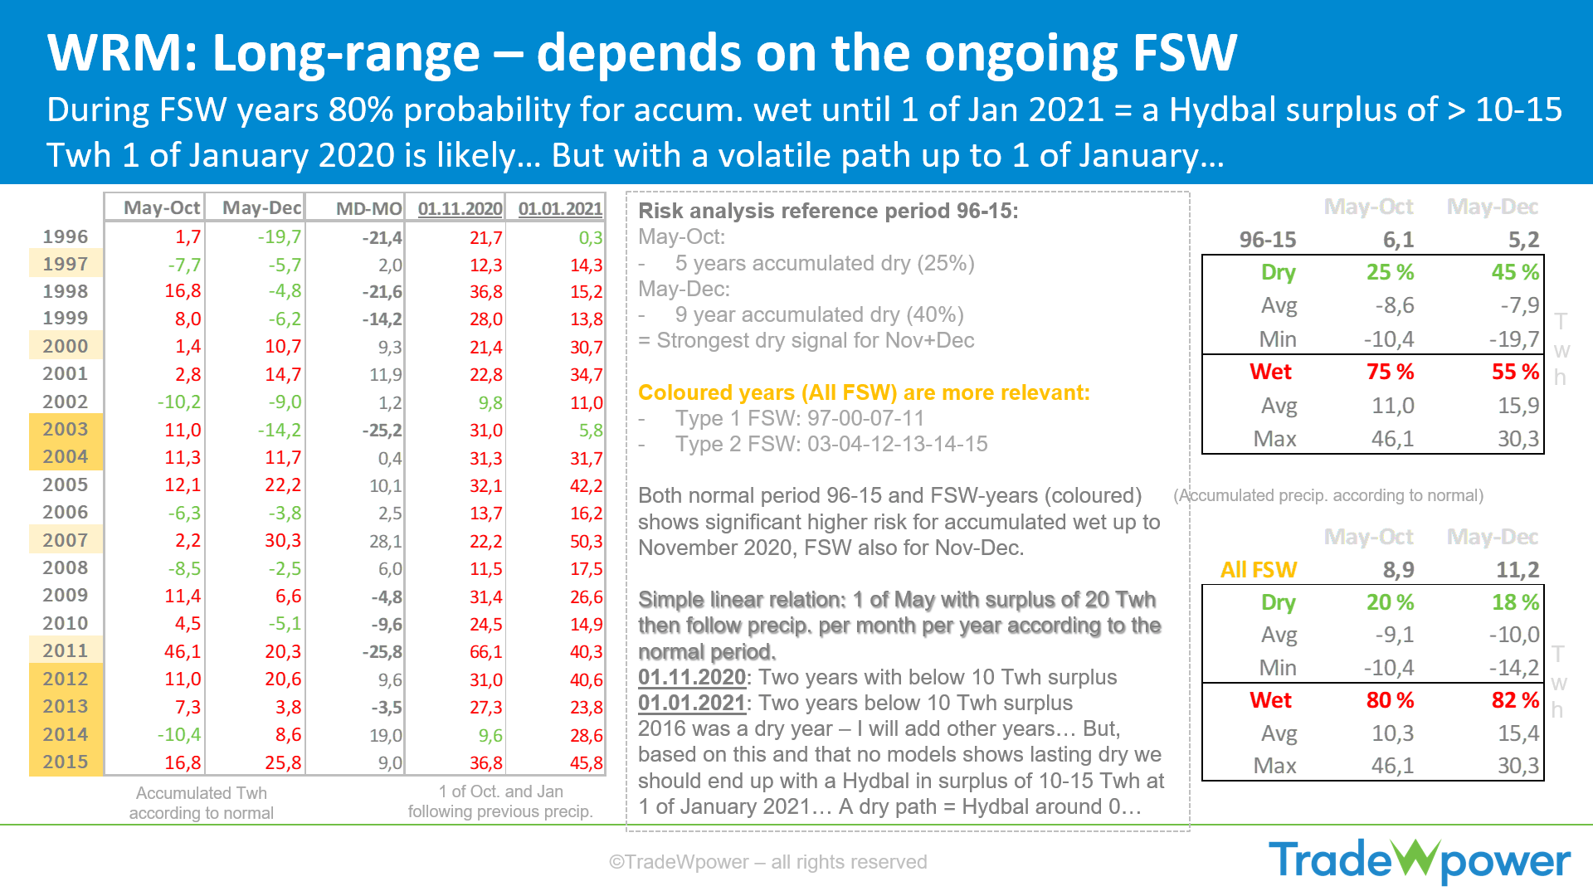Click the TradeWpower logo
1420,860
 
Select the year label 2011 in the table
66,651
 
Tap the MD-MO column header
369,208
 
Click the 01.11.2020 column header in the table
460,208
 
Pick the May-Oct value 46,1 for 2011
183,651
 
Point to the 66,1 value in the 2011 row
485,651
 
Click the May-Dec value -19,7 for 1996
280,237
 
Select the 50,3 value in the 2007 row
586,541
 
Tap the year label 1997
66,264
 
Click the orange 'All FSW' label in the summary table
1259,570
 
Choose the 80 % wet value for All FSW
1391,700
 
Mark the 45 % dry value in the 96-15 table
1515,272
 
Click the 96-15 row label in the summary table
1268,240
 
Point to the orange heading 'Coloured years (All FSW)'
767,392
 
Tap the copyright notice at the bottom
767,862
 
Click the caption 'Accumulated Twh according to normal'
202,803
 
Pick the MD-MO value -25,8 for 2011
382,651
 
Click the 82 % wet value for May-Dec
1515,700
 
